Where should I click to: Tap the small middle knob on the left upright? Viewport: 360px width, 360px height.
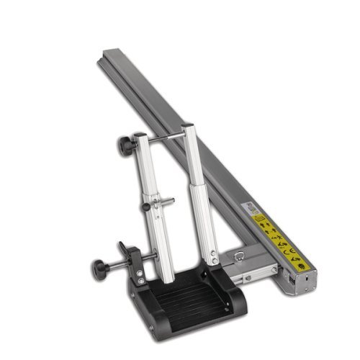point(146,207)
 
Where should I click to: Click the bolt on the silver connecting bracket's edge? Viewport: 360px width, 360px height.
point(246,278)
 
